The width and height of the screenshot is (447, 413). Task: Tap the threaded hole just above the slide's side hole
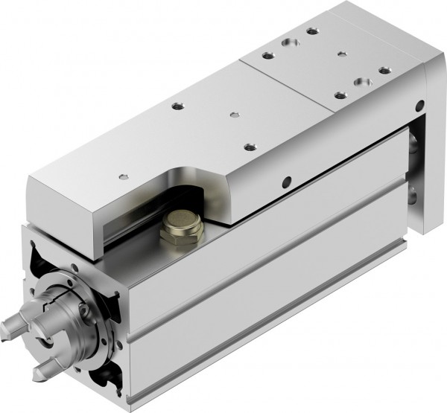(249, 146)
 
